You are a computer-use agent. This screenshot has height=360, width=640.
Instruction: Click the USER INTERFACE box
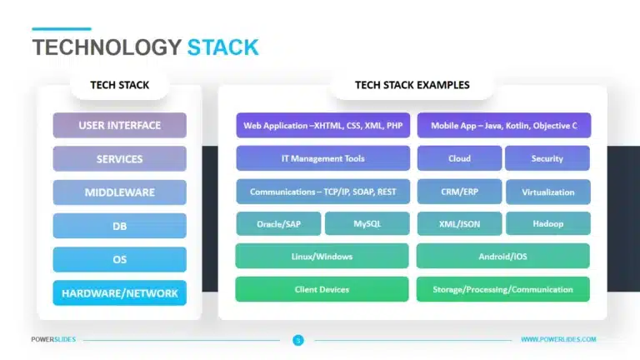119,126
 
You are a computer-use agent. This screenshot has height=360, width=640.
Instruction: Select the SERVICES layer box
119,159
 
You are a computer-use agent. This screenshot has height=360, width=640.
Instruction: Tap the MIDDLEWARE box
119,192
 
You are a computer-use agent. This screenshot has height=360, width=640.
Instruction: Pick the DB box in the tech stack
119,226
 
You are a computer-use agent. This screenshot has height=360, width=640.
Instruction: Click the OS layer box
119,259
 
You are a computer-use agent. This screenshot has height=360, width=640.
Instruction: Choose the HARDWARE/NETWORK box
119,292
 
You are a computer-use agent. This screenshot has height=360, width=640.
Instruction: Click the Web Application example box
322,126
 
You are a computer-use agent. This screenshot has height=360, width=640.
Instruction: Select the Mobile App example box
503,126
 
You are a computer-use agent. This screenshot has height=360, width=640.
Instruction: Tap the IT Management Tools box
322,158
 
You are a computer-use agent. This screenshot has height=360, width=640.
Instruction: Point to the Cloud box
459,158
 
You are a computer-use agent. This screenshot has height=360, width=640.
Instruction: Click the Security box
547,158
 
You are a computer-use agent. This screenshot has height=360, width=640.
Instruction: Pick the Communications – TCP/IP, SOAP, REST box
322,192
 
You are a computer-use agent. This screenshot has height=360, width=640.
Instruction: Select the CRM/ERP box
459,192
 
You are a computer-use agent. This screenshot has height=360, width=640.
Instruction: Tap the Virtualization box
547,192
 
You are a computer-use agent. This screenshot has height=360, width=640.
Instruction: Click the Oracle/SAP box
278,223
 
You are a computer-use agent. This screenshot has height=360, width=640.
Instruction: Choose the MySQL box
367,223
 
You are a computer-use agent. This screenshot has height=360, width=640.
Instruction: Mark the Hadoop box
547,223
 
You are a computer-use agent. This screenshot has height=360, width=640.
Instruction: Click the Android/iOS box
503,256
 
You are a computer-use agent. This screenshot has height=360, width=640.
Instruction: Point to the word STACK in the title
222,47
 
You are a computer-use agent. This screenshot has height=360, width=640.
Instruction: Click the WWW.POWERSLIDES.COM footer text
558,339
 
